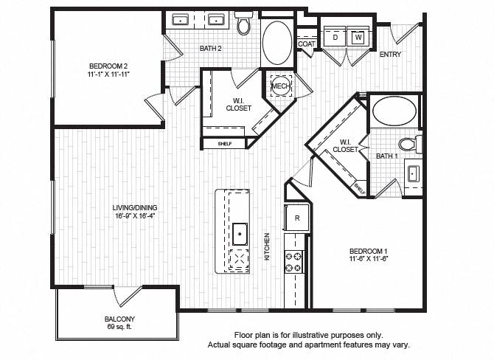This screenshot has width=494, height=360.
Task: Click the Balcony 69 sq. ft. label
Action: [x=119, y=322]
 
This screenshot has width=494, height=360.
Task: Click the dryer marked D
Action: [x=335, y=37]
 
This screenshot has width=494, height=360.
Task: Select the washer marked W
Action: [x=358, y=37]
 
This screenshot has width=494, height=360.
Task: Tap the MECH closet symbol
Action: [x=280, y=86]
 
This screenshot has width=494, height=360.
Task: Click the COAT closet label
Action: [x=306, y=44]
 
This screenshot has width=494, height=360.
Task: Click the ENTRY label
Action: [x=390, y=55]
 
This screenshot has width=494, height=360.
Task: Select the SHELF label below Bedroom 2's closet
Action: [x=225, y=144]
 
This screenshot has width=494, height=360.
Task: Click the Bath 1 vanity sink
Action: [x=413, y=174]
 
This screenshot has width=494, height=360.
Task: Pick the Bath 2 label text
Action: [x=211, y=49]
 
